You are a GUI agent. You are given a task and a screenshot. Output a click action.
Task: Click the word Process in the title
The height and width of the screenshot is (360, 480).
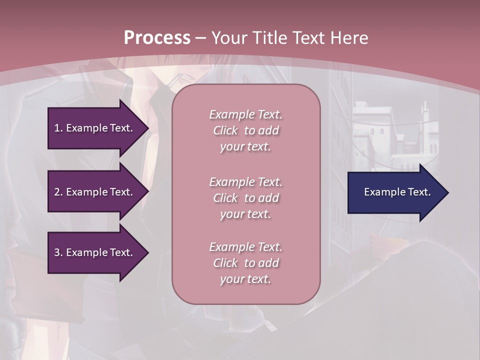157,38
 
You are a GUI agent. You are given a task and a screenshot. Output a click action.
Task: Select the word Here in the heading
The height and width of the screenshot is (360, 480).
348,38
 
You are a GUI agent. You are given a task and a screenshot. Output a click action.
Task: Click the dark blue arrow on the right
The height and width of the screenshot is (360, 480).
395,192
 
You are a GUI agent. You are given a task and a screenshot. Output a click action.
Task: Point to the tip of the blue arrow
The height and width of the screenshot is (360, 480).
447,192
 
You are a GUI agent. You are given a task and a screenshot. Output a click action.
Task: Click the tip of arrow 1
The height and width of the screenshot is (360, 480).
147,128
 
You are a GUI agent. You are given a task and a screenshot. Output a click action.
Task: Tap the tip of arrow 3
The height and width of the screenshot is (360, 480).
147,252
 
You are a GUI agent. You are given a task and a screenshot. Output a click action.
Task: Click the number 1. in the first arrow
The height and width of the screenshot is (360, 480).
58,128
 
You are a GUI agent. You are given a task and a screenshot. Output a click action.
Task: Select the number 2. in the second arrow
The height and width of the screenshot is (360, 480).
58,192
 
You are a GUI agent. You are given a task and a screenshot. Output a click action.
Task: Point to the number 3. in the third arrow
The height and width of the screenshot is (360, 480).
58,252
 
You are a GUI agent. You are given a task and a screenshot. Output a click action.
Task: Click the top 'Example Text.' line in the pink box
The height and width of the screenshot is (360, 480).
245,114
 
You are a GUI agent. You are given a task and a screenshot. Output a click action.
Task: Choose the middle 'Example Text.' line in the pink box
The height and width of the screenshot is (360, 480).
245,182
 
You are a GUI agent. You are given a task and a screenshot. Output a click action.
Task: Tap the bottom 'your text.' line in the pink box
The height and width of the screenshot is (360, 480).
245,279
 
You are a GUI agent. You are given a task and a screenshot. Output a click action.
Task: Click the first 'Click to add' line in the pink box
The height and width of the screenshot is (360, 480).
245,130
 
